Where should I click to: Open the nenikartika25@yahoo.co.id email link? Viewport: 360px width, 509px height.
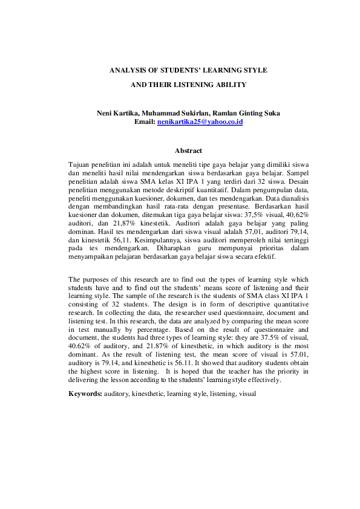[x=200, y=122]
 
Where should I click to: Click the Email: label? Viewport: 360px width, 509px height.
[x=144, y=122]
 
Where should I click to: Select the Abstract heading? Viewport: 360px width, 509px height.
[x=188, y=151]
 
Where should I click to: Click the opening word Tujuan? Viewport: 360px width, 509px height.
[x=79, y=164]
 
